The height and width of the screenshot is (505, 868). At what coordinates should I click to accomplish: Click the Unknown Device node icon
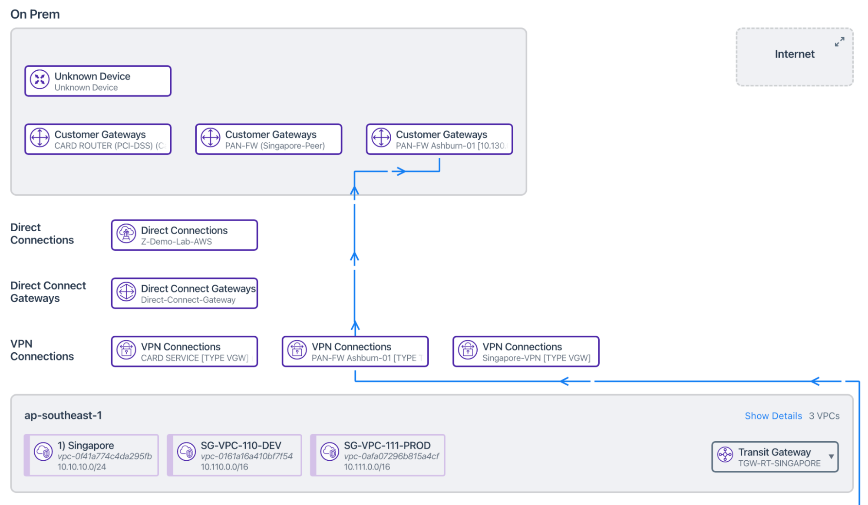40,80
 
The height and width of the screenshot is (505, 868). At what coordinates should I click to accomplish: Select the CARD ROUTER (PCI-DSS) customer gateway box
98,139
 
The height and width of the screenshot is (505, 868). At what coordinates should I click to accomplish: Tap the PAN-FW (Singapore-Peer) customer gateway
269,139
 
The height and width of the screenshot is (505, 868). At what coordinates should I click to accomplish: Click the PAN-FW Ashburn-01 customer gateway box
439,139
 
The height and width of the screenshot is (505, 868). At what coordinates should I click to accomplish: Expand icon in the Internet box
839,42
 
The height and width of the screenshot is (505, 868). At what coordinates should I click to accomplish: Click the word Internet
794,54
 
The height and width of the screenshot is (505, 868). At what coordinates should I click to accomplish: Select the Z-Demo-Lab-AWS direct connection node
185,235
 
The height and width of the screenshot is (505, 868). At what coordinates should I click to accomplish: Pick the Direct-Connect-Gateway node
185,293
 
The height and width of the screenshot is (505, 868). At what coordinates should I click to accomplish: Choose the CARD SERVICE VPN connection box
185,351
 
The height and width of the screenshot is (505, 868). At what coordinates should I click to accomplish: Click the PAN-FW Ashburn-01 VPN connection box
355,351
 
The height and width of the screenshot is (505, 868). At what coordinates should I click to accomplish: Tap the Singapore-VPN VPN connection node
526,351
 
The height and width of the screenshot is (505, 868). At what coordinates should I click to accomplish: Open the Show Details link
773,416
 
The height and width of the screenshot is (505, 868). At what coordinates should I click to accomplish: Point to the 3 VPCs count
824,416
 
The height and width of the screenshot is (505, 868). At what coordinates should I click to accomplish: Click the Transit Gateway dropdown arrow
831,456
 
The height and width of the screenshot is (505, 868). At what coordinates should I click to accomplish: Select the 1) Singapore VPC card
92,455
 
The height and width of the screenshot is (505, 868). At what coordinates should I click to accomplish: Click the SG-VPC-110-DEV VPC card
235,455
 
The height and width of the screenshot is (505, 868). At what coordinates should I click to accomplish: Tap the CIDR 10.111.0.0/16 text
367,467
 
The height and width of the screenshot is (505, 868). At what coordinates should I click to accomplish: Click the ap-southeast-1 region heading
63,415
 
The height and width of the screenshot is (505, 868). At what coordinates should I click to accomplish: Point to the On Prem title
35,14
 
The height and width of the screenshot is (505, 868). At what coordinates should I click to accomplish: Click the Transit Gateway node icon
725,455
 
